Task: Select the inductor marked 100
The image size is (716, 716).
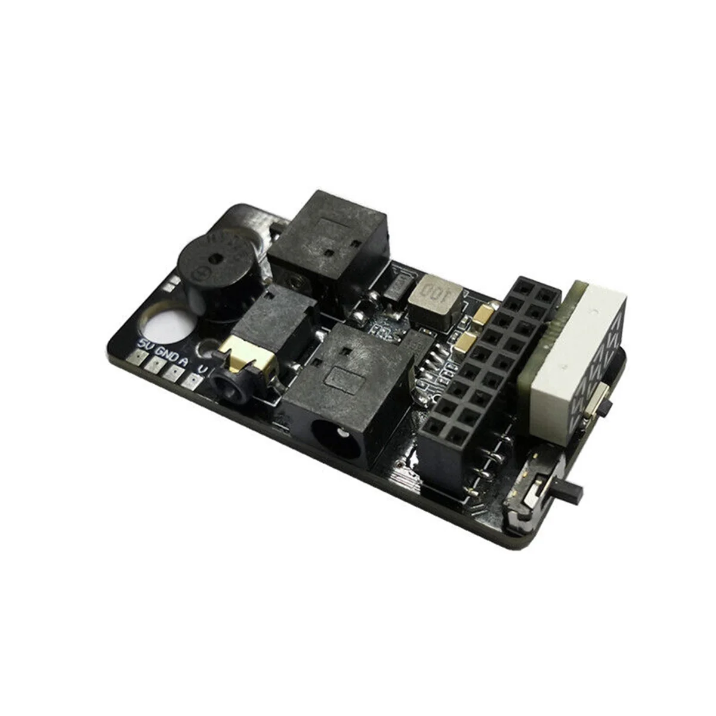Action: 436,299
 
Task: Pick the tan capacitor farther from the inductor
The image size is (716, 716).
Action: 467,342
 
